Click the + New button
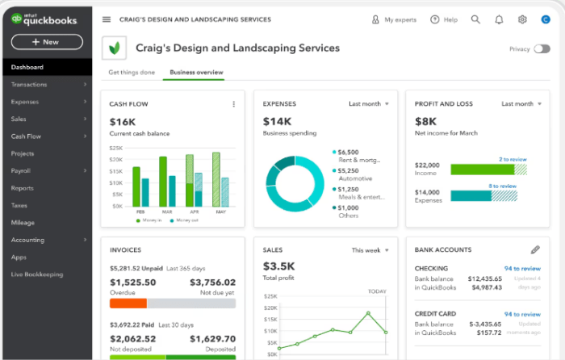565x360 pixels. point(46,42)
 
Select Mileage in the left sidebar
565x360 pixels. point(23,223)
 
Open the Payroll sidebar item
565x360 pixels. point(21,170)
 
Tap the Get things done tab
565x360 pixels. point(132,73)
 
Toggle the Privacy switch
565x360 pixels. point(542,49)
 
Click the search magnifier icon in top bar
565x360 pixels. point(475,19)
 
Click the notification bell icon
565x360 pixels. point(499,19)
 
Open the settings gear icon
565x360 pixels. point(522,19)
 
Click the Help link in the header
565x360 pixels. point(445,19)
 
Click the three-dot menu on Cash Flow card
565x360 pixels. point(234,104)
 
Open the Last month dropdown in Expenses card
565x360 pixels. point(369,104)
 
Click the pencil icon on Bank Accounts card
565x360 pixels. point(535,250)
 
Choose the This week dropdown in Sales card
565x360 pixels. point(370,250)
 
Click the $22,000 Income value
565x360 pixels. point(427,165)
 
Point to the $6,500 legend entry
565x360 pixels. point(348,152)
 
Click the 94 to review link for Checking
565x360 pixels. point(521,268)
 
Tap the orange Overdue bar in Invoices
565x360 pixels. point(128,303)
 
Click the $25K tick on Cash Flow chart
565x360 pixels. point(115,149)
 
